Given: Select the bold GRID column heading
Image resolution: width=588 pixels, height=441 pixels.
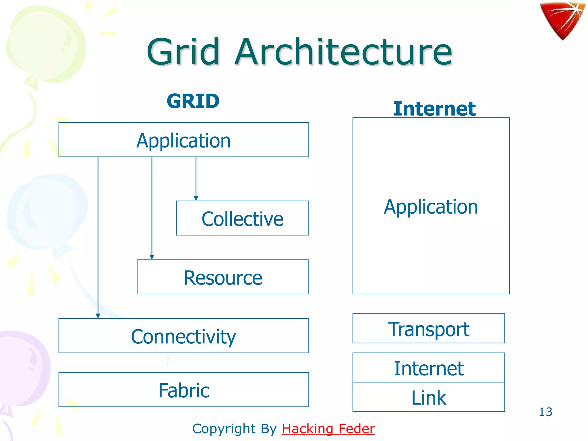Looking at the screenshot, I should pyautogui.click(x=193, y=101).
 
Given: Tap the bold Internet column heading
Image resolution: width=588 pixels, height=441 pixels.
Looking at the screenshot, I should pyautogui.click(x=434, y=109).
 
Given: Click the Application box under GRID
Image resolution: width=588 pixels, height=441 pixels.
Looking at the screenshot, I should pyautogui.click(x=183, y=140).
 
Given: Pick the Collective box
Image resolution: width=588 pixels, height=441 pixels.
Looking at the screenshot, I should pyautogui.click(x=242, y=218).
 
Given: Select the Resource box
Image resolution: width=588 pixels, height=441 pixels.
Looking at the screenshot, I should pyautogui.click(x=223, y=277).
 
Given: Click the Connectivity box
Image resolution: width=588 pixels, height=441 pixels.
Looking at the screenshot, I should pyautogui.click(x=183, y=336).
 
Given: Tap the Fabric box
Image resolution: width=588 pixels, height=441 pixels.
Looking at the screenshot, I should pyautogui.click(x=183, y=390).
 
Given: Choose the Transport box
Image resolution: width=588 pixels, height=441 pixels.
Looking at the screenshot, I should pyautogui.click(x=428, y=328).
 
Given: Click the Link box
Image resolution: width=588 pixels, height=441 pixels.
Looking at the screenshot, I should pyautogui.click(x=428, y=397).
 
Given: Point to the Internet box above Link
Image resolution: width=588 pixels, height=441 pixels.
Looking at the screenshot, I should pyautogui.click(x=428, y=368).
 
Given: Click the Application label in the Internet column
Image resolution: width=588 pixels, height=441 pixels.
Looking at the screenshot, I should pyautogui.click(x=431, y=207).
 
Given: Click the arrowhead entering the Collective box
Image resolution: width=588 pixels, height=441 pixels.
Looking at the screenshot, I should pyautogui.click(x=196, y=198).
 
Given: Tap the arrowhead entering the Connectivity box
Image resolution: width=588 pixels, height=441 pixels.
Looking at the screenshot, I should pyautogui.click(x=98, y=316).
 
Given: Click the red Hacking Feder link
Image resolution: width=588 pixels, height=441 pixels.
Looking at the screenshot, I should pyautogui.click(x=328, y=429).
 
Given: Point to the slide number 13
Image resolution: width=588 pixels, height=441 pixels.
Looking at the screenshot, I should pyautogui.click(x=545, y=412).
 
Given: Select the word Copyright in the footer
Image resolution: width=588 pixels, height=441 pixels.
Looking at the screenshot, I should pyautogui.click(x=224, y=429).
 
